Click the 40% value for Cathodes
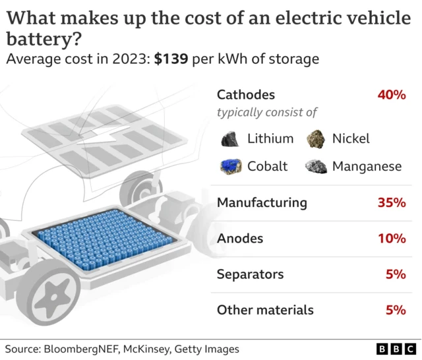[391, 95]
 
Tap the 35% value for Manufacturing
[391, 202]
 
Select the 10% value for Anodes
[391, 238]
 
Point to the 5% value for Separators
[396, 274]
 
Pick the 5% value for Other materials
[396, 309]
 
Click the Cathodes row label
[246, 95]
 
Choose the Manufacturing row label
[262, 202]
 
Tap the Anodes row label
[240, 238]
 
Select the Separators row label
[251, 274]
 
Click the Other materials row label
[265, 309]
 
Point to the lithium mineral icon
[230, 138]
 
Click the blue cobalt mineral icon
[230, 165]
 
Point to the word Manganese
[367, 166]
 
